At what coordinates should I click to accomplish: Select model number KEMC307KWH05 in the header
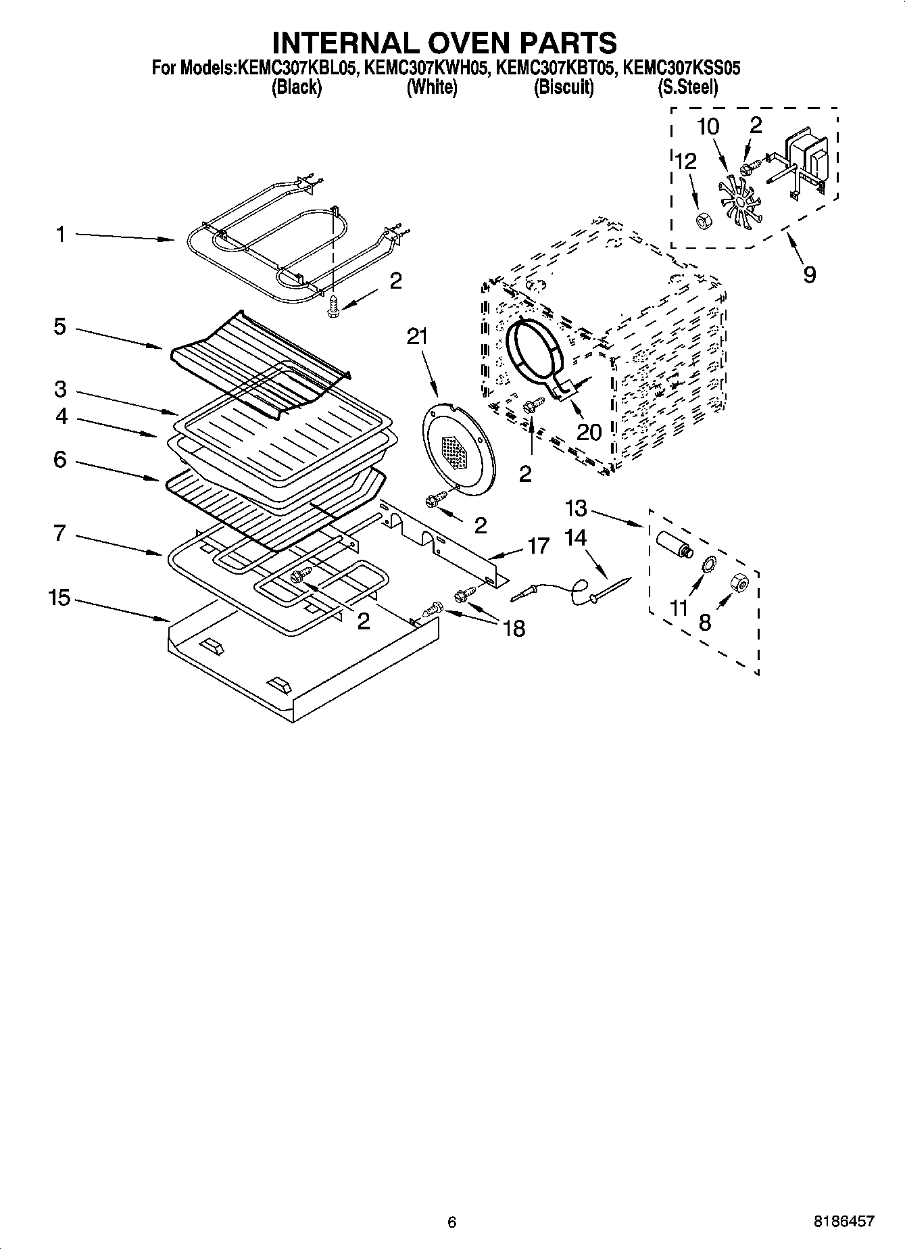(425, 68)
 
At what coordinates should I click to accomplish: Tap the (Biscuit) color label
(564, 87)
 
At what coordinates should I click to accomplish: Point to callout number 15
(59, 598)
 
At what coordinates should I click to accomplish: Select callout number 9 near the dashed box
(809, 274)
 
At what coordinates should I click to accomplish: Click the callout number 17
(538, 546)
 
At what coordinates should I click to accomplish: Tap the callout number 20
(589, 431)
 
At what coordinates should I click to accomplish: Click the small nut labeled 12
(702, 220)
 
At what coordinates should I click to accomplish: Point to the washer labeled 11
(708, 564)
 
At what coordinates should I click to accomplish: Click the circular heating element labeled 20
(537, 349)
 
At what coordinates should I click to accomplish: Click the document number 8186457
(846, 1221)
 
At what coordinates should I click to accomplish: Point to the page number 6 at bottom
(451, 1222)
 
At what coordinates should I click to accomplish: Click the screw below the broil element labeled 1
(333, 306)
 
